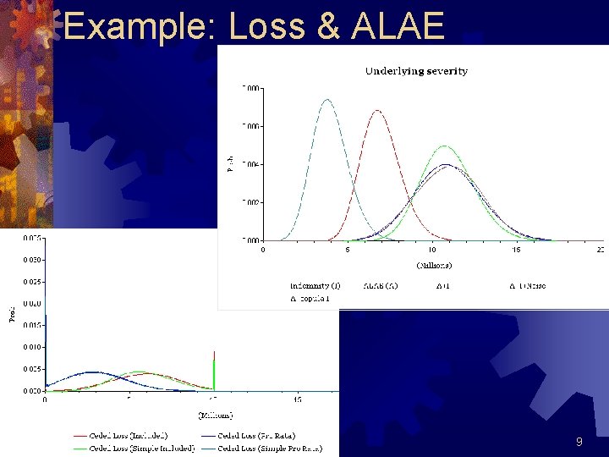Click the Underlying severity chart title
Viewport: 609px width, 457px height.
click(416, 71)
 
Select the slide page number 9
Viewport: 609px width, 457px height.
click(579, 442)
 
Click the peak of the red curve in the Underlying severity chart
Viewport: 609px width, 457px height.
click(378, 111)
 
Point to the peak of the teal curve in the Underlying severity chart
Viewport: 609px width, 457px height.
click(326, 100)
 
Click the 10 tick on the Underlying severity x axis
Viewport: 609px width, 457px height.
click(431, 250)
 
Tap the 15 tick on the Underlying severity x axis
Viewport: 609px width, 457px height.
click(516, 250)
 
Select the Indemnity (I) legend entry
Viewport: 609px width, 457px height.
click(315, 286)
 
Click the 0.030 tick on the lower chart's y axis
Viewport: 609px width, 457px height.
click(33, 259)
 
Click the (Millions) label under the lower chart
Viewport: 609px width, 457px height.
click(215, 416)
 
